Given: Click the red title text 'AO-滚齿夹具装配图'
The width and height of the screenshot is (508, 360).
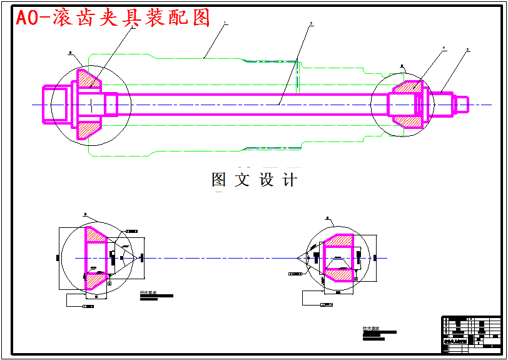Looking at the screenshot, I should click(x=113, y=18).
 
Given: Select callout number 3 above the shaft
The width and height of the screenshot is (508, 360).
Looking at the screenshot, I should click(x=311, y=24).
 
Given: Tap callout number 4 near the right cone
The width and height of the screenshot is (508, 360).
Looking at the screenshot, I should click(x=444, y=48).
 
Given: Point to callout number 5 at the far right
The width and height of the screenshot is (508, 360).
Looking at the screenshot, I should click(x=467, y=49).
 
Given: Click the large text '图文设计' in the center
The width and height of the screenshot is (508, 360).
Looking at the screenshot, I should click(x=254, y=180).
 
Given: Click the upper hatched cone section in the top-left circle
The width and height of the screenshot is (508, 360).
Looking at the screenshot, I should click(x=88, y=79).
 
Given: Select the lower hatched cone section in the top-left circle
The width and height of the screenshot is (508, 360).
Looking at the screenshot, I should click(x=88, y=129).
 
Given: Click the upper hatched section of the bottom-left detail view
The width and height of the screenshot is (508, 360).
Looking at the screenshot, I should click(x=95, y=234).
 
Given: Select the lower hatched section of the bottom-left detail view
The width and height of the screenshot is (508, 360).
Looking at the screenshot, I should click(x=95, y=281).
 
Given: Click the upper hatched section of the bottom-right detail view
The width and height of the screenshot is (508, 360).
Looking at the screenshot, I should click(x=338, y=240).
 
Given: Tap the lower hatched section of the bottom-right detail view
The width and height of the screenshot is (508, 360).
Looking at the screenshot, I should click(x=338, y=274).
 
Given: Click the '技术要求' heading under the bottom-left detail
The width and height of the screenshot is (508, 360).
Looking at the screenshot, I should click(x=148, y=292).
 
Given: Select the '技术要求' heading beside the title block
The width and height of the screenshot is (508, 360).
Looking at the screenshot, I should click(x=371, y=328).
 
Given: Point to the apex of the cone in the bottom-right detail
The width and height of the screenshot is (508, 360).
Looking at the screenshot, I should click(x=298, y=258).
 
